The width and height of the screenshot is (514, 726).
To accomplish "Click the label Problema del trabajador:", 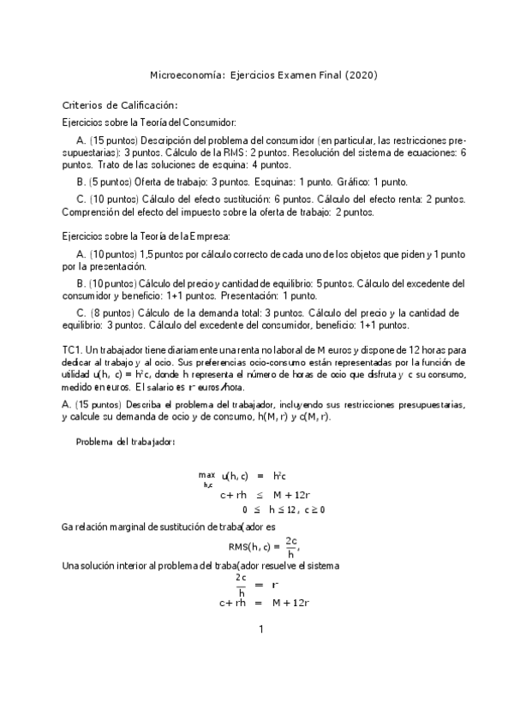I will pos(126,442).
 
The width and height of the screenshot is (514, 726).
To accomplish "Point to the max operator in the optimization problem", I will pos(206,474).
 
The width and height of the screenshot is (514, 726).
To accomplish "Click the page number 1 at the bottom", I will pos(260,630).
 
